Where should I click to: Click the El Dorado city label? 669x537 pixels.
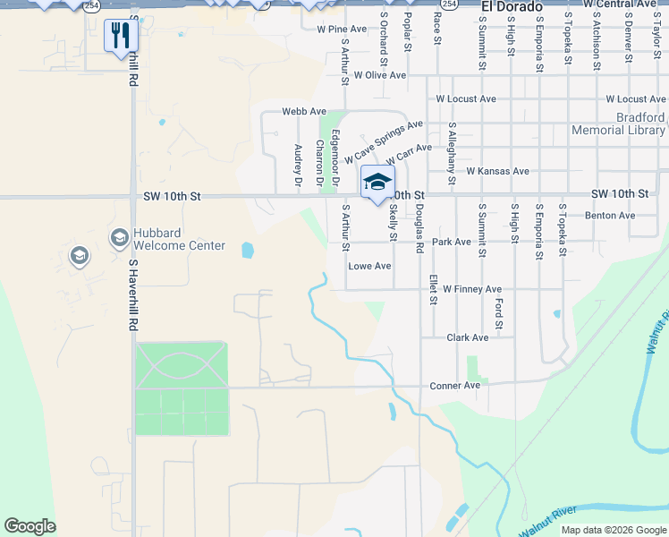(512, 7)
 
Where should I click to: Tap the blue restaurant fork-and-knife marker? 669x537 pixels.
(119, 36)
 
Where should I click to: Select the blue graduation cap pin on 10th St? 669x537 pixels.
(377, 182)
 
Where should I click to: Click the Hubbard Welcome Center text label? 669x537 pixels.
(179, 239)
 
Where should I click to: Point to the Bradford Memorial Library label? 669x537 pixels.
(617, 124)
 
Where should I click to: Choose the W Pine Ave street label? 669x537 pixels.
(342, 29)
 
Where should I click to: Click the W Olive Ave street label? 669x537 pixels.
(380, 75)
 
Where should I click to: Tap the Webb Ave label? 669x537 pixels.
(304, 111)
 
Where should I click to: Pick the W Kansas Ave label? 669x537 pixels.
(497, 171)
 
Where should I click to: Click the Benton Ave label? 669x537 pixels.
(609, 216)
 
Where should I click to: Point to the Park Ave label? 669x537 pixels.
(451, 242)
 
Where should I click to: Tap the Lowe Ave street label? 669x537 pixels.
(369, 266)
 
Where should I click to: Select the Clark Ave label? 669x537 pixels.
(467, 337)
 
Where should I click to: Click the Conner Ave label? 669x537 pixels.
(454, 386)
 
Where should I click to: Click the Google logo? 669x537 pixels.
(30, 526)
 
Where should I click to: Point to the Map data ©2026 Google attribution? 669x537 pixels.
(613, 530)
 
